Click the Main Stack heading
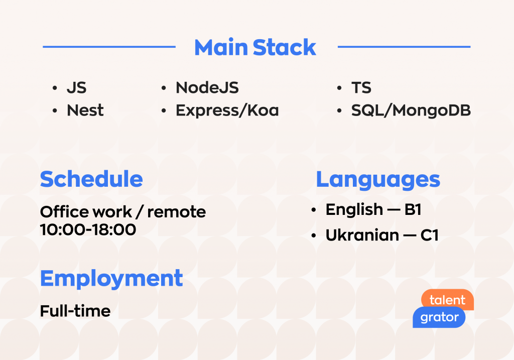255,48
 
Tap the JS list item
77,88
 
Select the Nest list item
85,110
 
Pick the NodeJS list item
207,87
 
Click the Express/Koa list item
227,110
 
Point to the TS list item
361,88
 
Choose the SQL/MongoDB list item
411,110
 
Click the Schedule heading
91,179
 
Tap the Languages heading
378,180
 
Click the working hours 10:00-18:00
88,229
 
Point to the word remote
177,212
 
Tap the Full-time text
75,311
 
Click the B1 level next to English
413,209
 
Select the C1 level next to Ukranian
430,235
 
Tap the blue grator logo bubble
439,317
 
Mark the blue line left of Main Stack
109,47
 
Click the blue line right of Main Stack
404,47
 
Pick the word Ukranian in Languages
362,235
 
